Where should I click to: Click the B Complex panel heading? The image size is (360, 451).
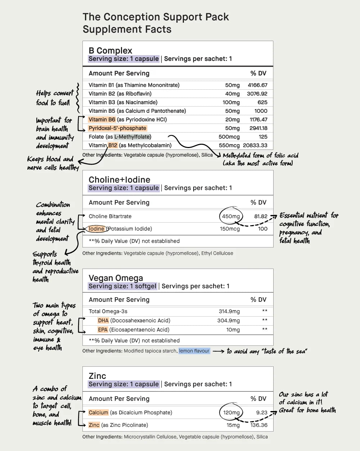111,50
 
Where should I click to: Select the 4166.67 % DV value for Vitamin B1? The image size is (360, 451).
257,85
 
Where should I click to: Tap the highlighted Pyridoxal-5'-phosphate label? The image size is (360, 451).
117,128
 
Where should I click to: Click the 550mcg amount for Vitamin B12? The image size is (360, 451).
229,146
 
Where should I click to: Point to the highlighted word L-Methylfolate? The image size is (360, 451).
132,137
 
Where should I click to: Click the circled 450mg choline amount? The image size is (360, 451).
231,216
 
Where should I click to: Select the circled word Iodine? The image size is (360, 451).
96,229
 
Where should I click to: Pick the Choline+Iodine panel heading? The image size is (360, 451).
120,179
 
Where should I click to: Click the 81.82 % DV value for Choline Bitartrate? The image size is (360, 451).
261,216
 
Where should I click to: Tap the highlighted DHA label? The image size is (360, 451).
103,321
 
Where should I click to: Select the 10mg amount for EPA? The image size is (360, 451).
233,330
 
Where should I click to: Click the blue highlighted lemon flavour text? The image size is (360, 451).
194,351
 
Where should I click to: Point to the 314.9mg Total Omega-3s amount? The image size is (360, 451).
229,311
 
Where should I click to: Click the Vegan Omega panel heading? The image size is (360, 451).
116,278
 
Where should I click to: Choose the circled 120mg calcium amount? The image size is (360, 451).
231,412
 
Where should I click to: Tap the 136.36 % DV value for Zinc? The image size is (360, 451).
259,425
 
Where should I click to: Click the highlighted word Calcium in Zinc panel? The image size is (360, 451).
98,412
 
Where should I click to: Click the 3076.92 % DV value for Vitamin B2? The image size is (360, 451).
257,94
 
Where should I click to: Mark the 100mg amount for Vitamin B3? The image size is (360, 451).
231,102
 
